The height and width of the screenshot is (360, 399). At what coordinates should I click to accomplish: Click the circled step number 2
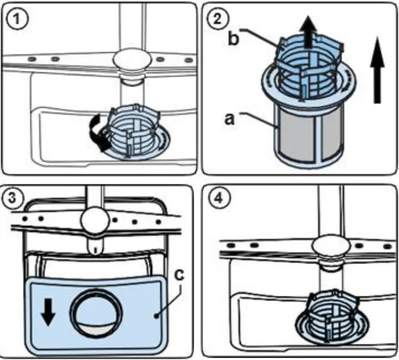pyautogui.click(x=216, y=19)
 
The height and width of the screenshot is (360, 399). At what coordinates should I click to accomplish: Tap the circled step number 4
pyautogui.click(x=217, y=199)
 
